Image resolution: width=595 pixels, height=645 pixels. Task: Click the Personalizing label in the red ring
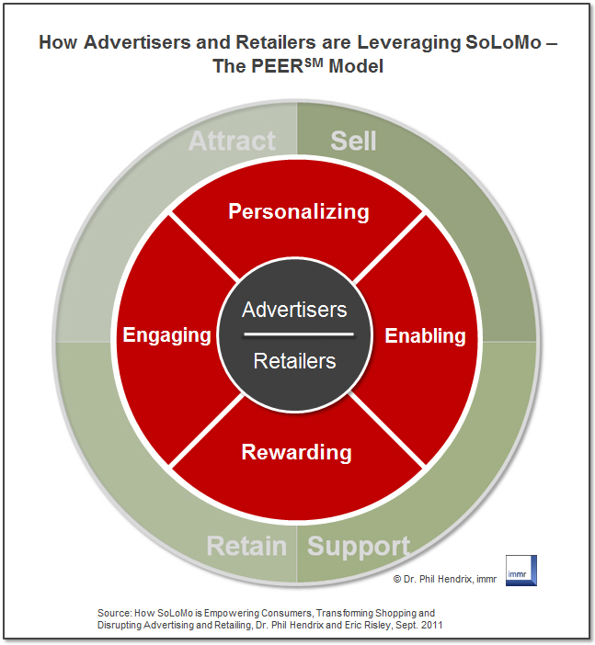click(x=298, y=212)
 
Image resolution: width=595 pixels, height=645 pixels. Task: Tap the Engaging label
click(x=167, y=335)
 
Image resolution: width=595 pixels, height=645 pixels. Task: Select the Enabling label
click(x=425, y=335)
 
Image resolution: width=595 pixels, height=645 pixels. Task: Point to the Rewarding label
click(x=296, y=452)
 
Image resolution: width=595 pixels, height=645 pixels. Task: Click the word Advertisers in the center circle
click(x=294, y=309)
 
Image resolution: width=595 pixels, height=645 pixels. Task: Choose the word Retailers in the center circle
click(x=294, y=361)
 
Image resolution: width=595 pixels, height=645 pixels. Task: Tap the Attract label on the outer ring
click(x=232, y=141)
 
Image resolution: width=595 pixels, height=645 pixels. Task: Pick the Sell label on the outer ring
click(x=353, y=141)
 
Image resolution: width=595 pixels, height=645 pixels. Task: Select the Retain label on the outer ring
click(x=246, y=547)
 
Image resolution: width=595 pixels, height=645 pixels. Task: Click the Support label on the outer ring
click(x=358, y=547)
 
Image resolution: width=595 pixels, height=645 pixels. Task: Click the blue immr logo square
click(x=521, y=570)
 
